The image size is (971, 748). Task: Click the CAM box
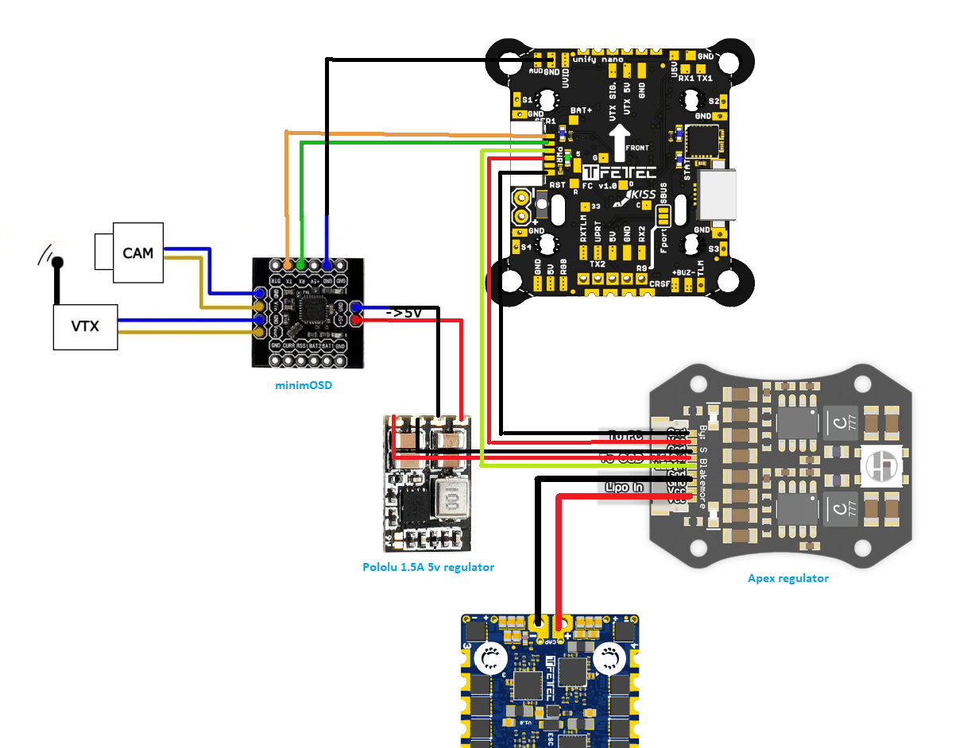[x=137, y=253]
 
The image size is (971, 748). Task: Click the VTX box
[x=85, y=326]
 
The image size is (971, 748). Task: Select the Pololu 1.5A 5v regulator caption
[x=427, y=567]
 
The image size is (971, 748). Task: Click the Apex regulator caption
[x=787, y=578]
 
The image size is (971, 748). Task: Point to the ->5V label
[x=404, y=313]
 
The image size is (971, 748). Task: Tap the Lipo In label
[x=625, y=487]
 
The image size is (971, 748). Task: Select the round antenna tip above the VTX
[x=57, y=262]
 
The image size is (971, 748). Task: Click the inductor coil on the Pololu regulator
[x=452, y=499]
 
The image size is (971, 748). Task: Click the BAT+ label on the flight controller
[x=581, y=110]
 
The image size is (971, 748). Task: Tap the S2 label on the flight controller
[x=713, y=101]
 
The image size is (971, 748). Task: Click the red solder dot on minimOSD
[x=357, y=320]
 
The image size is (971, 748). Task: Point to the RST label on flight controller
[x=558, y=184]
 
